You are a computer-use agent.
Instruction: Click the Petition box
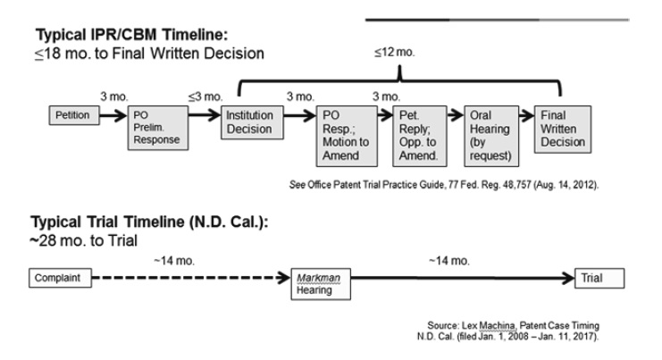click(73, 116)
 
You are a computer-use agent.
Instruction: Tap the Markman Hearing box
click(319, 283)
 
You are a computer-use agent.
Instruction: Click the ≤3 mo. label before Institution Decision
click(199, 96)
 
